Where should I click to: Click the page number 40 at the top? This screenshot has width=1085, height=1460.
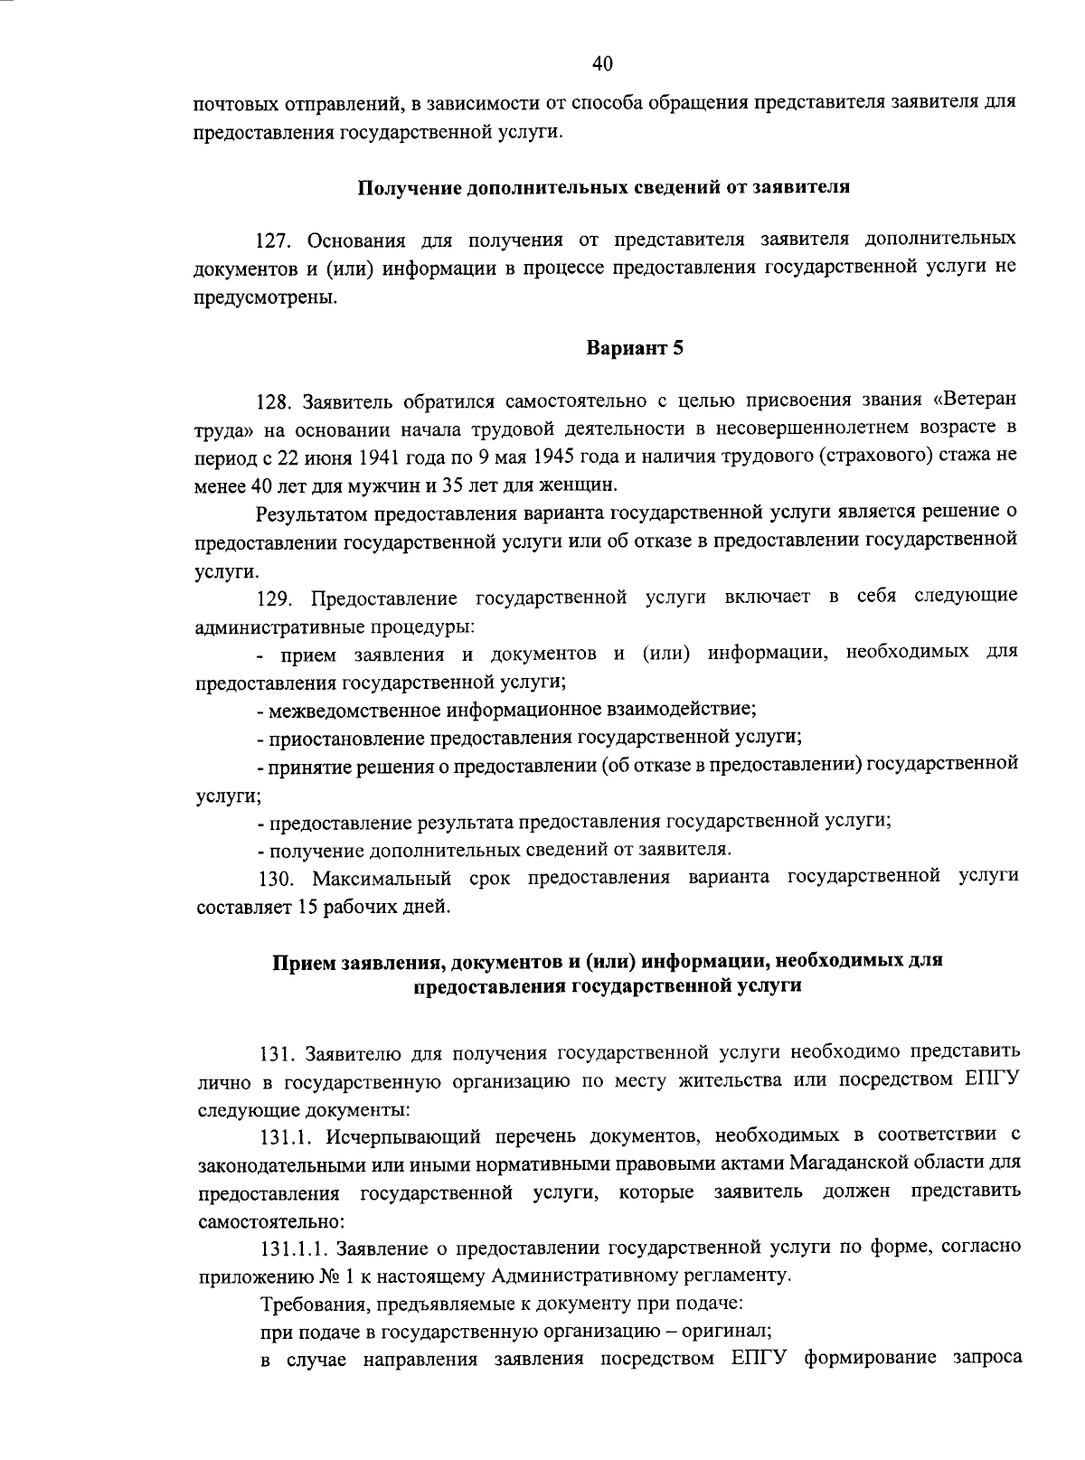603,62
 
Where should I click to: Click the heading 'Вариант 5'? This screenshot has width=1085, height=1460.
634,348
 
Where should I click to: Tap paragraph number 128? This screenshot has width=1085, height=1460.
276,400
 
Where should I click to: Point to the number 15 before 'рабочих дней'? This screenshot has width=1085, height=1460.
305,906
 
